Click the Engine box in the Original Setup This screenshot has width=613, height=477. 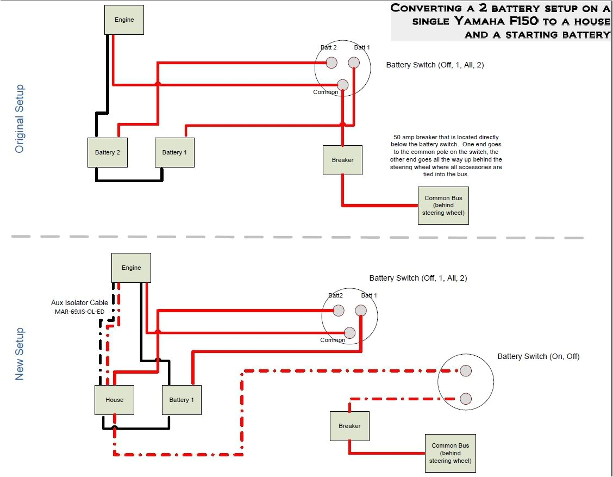[124, 20]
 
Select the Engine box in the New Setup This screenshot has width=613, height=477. [131, 268]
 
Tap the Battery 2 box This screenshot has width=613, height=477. [108, 152]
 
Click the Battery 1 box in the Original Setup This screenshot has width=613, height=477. [174, 152]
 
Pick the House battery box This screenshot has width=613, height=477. [114, 400]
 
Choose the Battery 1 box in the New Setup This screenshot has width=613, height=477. [182, 400]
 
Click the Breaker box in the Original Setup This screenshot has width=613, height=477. [342, 160]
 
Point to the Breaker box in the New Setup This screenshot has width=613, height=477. [349, 426]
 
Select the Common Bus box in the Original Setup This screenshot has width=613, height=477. [443, 206]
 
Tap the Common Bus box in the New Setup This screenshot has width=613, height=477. [451, 453]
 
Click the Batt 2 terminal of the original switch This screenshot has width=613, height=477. [331, 63]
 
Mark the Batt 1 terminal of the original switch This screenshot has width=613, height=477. [354, 63]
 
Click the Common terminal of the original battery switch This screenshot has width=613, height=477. [342, 85]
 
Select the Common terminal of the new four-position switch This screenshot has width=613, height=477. [349, 332]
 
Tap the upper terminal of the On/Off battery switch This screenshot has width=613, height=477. [465, 371]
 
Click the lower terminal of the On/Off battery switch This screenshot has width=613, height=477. [465, 398]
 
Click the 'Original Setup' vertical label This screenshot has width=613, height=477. [20, 119]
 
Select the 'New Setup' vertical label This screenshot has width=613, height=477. [20, 354]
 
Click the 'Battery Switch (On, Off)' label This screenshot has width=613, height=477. [539, 357]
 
